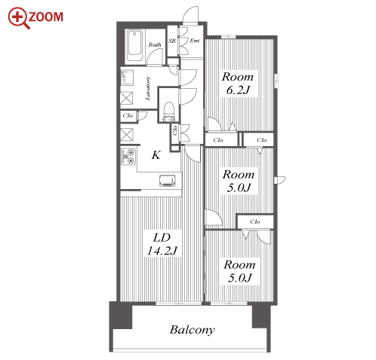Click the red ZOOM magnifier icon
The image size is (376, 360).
click(19, 18)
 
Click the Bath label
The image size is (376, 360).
click(155, 44)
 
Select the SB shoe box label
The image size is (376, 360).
click(172, 41)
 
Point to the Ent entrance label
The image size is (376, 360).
click(195, 41)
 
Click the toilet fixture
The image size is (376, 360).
click(169, 111)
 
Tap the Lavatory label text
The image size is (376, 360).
click(148, 88)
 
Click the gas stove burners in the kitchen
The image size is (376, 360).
click(128, 157)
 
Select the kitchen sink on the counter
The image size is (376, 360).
click(167, 181)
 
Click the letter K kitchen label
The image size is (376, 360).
click(156, 155)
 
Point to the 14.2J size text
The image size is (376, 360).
click(162, 251)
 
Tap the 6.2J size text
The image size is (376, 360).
click(238, 90)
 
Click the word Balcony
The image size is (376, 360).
click(193, 330)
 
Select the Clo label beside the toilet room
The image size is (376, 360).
click(175, 130)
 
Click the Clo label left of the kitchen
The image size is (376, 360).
click(128, 116)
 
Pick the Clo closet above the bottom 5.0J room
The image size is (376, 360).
click(255, 221)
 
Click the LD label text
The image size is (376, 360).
click(162, 237)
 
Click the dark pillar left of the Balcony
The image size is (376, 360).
click(121, 316)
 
